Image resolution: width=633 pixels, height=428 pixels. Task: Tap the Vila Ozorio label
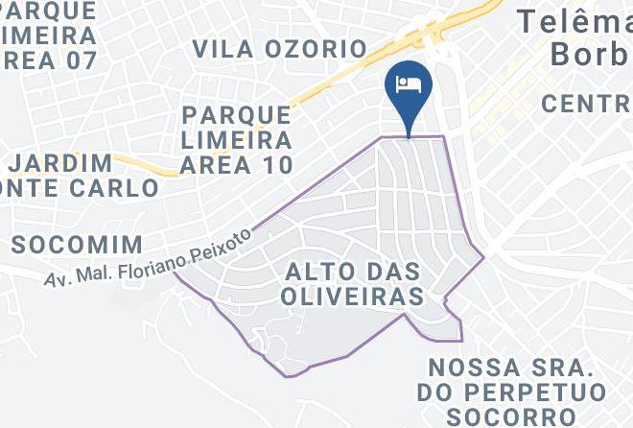click(x=279, y=49)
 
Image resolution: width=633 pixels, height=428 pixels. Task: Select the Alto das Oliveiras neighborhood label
click(x=354, y=285)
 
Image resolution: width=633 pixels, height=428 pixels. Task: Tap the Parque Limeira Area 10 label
click(x=237, y=140)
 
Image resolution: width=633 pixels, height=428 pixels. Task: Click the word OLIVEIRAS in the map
click(x=352, y=297)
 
